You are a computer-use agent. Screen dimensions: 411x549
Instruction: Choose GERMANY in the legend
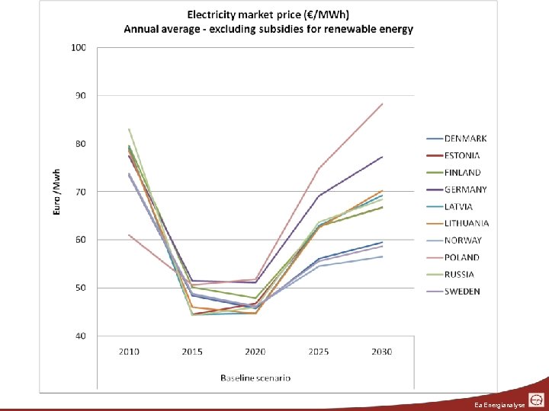pos(466,190)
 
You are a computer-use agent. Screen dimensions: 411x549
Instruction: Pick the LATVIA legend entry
pos(459,206)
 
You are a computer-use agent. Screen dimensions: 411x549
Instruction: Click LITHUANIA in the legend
pos(467,224)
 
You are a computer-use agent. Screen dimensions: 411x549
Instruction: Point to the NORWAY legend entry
pos(464,241)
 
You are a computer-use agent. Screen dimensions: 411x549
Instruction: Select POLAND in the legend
pos(462,257)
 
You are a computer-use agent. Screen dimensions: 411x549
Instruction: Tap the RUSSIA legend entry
pos(460,274)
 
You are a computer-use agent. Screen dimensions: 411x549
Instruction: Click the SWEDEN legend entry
pos(462,292)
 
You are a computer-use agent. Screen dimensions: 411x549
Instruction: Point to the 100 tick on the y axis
pos(79,47)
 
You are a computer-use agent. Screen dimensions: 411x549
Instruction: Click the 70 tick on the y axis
pos(80,192)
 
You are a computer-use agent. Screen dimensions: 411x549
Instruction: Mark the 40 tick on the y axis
pos(80,336)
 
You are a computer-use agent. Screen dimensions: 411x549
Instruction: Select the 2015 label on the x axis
pos(192,351)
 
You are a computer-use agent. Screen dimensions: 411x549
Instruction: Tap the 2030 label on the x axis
pos(382,351)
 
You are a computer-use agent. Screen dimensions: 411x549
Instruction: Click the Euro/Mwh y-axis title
pos(57,190)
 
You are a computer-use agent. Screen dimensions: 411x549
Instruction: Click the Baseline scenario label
pos(255,378)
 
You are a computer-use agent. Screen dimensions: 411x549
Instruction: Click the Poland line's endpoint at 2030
pos(382,104)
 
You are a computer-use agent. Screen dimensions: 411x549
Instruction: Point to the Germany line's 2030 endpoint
pos(382,157)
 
